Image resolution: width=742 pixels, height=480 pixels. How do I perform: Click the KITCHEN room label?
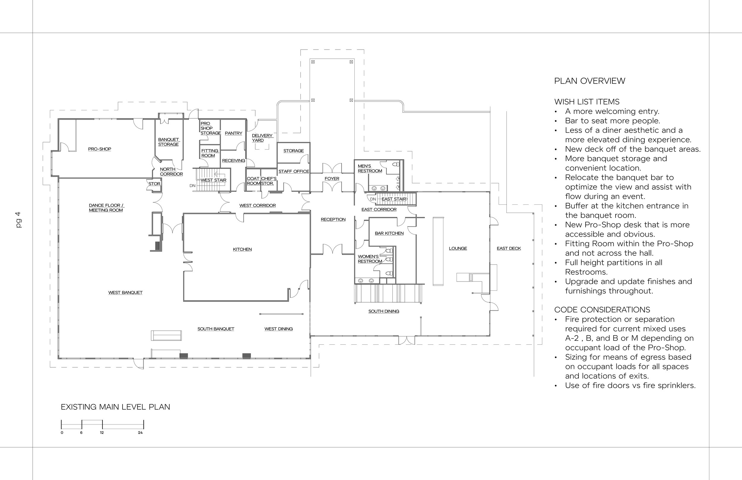(242, 249)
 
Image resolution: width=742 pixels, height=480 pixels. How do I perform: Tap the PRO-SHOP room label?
(99, 149)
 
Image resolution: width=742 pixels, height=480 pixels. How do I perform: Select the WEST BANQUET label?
(125, 293)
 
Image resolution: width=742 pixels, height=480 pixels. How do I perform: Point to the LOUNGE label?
(458, 248)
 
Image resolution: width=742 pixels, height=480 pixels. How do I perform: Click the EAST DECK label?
(509, 248)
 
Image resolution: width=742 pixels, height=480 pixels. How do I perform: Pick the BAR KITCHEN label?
(389, 233)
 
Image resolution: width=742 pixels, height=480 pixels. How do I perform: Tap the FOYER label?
(332, 179)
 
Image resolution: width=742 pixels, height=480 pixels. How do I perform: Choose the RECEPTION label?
(333, 220)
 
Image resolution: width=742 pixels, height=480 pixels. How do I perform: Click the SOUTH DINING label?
(383, 311)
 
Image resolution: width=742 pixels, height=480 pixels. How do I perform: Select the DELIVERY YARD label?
(262, 138)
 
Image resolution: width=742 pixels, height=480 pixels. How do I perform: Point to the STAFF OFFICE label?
(294, 171)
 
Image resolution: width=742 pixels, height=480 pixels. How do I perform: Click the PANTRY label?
(234, 133)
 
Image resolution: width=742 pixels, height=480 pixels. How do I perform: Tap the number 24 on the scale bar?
(140, 433)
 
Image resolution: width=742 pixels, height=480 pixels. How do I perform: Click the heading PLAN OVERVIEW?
(589, 81)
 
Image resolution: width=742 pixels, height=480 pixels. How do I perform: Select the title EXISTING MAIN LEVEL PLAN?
(115, 407)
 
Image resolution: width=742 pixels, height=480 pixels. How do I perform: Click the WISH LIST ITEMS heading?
(587, 102)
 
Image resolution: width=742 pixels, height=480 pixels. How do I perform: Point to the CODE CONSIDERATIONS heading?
(602, 310)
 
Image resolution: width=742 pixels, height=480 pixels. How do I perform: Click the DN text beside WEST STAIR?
(192, 186)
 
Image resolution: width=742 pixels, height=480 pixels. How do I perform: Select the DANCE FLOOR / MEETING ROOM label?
(106, 208)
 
